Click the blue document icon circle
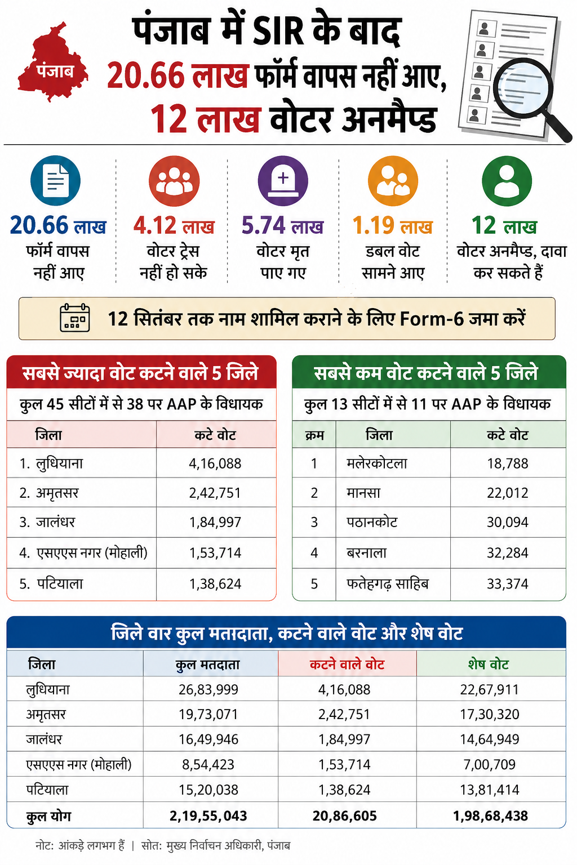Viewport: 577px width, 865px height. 56,180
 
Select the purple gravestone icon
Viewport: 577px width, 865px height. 283,181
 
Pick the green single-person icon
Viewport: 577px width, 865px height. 507,181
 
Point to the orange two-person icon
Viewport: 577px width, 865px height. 393,181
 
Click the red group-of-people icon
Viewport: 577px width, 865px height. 174,181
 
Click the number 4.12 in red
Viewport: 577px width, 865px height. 156,225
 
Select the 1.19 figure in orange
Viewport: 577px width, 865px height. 374,225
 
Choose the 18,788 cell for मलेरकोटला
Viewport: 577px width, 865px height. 508,463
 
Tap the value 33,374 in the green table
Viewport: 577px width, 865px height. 508,584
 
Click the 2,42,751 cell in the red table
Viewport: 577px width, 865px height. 215,493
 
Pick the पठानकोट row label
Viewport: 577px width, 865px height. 372,523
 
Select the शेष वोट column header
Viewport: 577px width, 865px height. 488,664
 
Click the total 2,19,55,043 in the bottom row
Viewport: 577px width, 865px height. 208,816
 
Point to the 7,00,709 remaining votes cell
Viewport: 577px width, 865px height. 490,764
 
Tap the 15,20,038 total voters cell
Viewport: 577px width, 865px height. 208,790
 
